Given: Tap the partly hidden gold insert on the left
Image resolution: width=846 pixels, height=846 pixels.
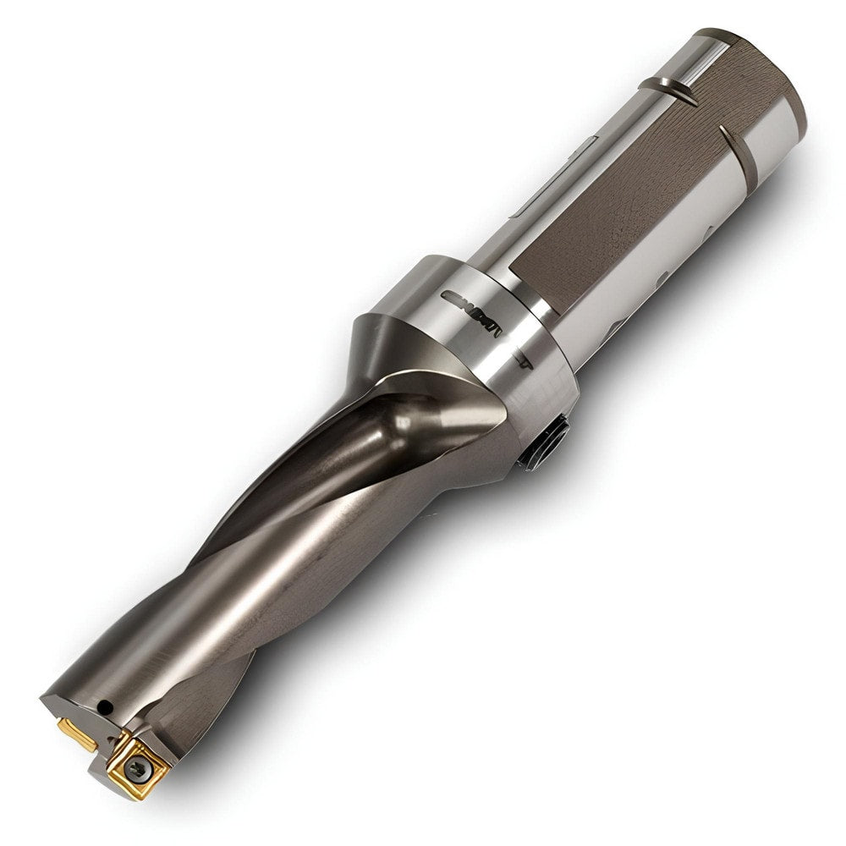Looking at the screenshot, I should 78,733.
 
